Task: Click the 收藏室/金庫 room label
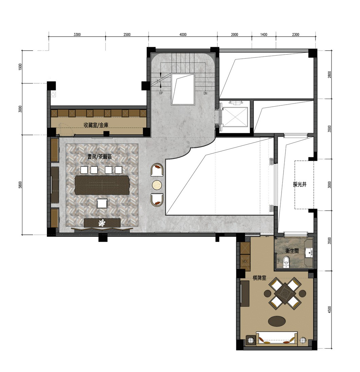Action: coord(96,125)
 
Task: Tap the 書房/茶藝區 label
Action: coord(100,157)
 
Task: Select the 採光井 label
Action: coord(300,184)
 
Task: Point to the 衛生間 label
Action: coord(292,250)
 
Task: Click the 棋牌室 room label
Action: coord(259,278)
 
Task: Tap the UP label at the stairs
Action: coord(161,93)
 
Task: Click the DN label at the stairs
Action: coord(205,93)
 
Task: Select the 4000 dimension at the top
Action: coord(183,34)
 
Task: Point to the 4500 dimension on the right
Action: coord(329,310)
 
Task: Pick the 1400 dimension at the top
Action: coord(264,34)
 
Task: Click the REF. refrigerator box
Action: coord(245,262)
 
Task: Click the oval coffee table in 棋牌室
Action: coord(277,321)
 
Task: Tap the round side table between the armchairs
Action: coord(157,185)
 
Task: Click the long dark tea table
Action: coord(102,185)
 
